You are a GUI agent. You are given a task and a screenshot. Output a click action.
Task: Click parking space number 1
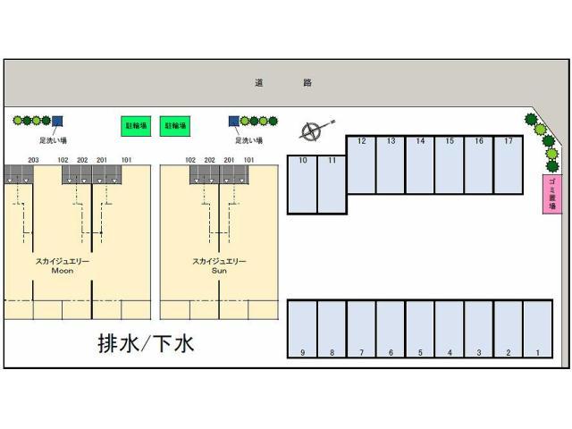click(538, 328)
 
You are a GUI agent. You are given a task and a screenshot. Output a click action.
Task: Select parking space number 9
click(302, 328)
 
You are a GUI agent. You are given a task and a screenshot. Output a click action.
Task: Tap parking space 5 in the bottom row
click(420, 328)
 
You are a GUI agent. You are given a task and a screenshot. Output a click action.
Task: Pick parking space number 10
click(303, 184)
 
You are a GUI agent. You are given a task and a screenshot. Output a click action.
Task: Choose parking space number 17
click(509, 164)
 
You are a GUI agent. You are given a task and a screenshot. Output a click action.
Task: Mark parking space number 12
click(361, 164)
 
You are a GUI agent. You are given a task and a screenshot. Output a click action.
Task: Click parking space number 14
click(420, 164)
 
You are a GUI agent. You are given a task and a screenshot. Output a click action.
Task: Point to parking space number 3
click(479, 328)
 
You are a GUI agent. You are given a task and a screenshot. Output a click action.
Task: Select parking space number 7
click(361, 328)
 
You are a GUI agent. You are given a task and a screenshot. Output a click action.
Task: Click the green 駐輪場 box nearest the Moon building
click(136, 128)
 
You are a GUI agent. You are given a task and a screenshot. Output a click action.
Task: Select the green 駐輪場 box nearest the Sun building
click(174, 128)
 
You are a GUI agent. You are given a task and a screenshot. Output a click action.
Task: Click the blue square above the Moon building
click(57, 121)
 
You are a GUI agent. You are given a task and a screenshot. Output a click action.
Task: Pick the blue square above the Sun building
click(234, 121)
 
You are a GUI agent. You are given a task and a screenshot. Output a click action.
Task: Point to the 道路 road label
click(282, 82)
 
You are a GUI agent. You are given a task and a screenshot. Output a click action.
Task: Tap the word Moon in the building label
click(63, 270)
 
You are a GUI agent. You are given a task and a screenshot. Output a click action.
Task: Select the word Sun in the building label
click(220, 270)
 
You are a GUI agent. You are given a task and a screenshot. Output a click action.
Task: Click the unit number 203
click(34, 160)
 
